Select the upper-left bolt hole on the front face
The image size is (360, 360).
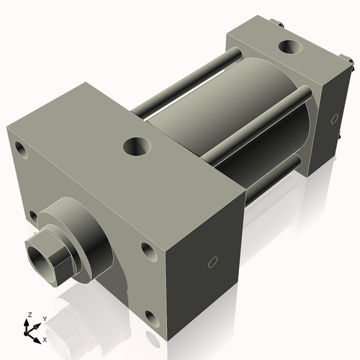tap(19, 151)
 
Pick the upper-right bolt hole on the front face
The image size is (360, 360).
tap(148, 251)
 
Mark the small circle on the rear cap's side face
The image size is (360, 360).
tap(333, 118)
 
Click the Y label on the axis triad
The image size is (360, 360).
tap(44, 318)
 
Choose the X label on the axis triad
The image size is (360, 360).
tap(45, 338)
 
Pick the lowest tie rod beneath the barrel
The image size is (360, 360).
tap(274, 176)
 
